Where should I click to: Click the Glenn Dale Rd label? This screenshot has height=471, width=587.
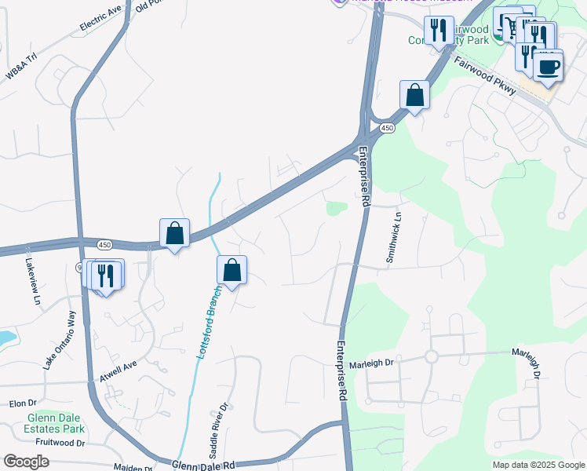tap(203, 466)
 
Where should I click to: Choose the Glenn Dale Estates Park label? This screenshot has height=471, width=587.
tap(56, 423)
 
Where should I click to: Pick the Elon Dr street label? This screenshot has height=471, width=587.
tap(17, 403)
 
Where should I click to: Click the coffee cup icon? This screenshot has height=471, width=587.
tap(548, 66)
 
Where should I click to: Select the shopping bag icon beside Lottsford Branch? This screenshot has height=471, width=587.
tap(232, 271)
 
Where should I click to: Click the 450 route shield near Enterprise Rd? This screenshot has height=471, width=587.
tap(386, 127)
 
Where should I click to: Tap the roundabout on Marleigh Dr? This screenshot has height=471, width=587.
tap(431, 356)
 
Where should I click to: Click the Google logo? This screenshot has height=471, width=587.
tap(26, 462)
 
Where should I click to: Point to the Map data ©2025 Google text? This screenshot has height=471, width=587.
tap(538, 465)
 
